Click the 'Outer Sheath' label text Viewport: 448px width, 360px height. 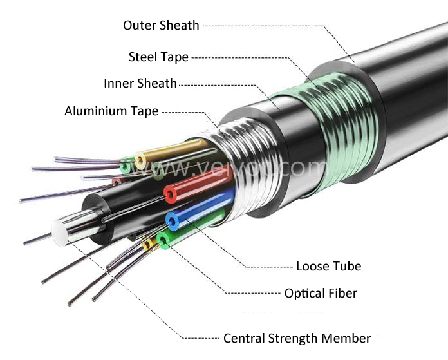[x=161, y=25]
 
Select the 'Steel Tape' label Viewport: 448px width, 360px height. [x=158, y=57]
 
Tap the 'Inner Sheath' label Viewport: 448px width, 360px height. [x=140, y=84]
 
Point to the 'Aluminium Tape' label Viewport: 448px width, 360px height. [x=111, y=111]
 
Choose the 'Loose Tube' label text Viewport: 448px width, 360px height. [x=328, y=266]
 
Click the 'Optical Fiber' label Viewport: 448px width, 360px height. [x=321, y=293]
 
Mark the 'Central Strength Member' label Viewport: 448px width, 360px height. [x=297, y=338]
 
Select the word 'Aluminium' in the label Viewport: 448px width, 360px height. [x=94, y=111]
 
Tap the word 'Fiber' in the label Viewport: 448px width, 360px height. [x=342, y=293]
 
